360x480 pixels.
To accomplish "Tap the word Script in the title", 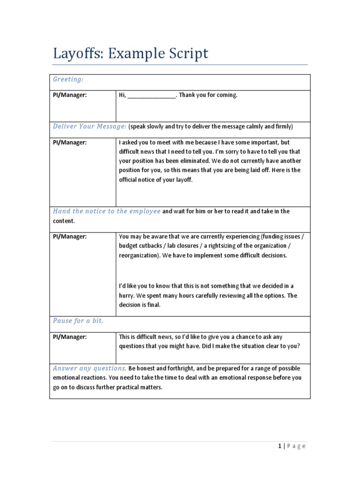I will [x=185, y=54].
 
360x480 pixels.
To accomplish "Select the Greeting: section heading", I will [x=68, y=80].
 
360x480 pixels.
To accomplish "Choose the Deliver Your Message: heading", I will [x=90, y=127].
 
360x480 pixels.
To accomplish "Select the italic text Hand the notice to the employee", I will [x=106, y=211].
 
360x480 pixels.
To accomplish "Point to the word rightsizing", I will [x=233, y=246].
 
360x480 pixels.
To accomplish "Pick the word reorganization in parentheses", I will [x=140, y=255].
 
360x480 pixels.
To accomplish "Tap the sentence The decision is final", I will [x=140, y=305].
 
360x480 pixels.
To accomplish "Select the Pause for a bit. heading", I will [x=78, y=321].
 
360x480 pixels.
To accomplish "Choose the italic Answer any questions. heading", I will [x=90, y=368].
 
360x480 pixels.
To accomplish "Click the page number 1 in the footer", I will [x=279, y=446].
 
